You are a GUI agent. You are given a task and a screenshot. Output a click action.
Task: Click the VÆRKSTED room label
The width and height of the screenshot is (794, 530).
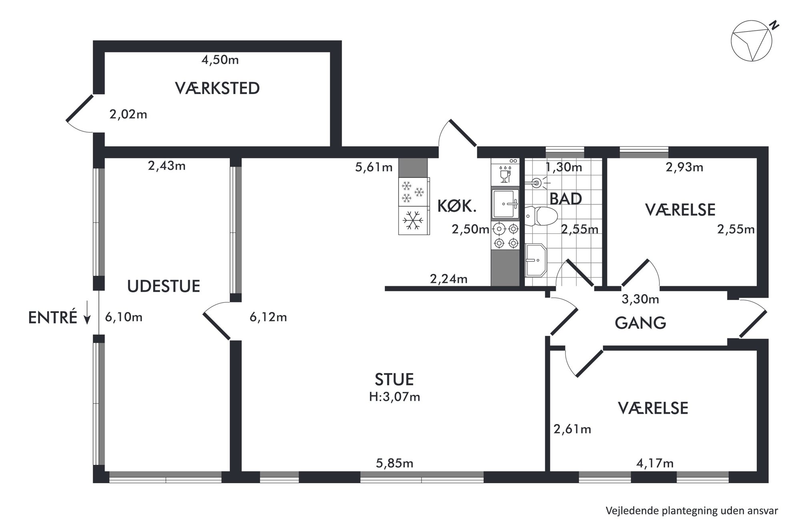coord(217,88)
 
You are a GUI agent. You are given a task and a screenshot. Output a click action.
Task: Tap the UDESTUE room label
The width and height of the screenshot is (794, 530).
coord(164,286)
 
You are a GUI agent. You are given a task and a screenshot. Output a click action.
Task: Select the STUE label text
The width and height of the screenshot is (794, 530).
coord(394,379)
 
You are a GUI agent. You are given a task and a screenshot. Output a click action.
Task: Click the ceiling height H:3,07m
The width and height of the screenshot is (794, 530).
coord(395,397)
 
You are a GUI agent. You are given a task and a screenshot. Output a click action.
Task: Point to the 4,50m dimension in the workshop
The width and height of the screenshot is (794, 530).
coord(220,60)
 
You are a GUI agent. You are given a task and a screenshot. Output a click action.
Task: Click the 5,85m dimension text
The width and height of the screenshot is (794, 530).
coord(395,463)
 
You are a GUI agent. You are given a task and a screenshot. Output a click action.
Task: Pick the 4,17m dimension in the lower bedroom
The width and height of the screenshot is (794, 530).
coord(655,463)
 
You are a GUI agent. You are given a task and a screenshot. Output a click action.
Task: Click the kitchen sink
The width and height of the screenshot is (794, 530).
coord(505,204)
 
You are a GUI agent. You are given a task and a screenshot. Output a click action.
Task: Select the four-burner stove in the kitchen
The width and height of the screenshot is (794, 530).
coord(505,235)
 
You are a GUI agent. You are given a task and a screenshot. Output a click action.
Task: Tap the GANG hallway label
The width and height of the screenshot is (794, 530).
coord(640,322)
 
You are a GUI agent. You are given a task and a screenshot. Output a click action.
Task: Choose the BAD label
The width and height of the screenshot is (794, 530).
coord(565,199)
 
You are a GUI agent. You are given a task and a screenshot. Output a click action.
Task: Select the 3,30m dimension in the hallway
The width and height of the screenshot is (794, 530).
coord(640,299)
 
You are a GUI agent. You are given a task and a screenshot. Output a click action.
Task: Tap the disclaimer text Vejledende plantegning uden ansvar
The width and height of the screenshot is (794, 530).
coord(692,511)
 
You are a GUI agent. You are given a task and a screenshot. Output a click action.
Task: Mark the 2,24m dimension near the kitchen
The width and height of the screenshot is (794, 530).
coord(449,278)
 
